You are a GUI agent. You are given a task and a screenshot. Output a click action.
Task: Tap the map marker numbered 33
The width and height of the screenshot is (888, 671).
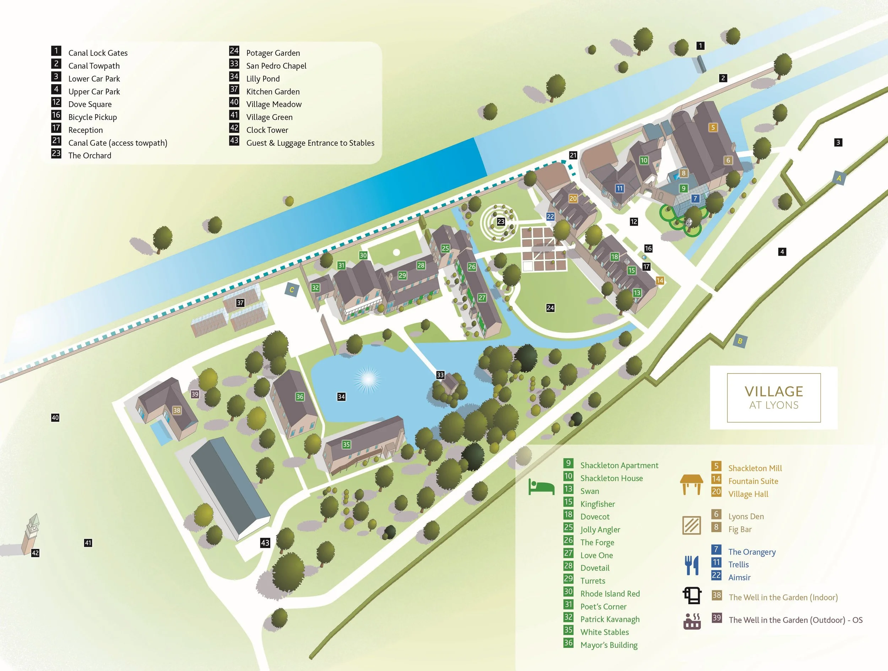pyautogui.click(x=440, y=375)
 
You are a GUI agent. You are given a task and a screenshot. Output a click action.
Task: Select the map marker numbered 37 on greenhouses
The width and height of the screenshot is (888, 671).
pyautogui.click(x=240, y=303)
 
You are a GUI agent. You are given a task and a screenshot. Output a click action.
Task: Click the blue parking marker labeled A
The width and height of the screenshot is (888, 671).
pyautogui.click(x=839, y=178)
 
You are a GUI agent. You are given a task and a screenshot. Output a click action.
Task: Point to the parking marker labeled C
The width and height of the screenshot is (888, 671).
pyautogui.click(x=292, y=290)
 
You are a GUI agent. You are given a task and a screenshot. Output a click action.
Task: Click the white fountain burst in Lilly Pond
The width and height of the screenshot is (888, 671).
pyautogui.click(x=367, y=379)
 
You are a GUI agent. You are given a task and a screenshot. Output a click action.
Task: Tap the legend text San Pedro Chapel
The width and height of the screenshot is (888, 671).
pyautogui.click(x=276, y=66)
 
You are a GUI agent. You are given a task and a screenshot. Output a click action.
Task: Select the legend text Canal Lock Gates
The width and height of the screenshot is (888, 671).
pyautogui.click(x=98, y=53)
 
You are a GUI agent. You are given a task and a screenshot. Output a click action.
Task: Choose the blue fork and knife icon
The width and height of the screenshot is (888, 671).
pyautogui.click(x=692, y=565)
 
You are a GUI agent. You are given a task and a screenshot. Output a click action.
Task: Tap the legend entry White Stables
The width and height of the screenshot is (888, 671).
pyautogui.click(x=605, y=632)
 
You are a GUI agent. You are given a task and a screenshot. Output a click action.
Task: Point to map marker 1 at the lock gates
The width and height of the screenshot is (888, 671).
pyautogui.click(x=700, y=46)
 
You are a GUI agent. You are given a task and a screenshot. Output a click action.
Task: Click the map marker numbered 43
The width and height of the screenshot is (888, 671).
pyautogui.click(x=265, y=543)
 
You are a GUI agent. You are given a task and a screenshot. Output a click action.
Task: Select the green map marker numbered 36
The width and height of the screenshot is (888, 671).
pyautogui.click(x=299, y=397)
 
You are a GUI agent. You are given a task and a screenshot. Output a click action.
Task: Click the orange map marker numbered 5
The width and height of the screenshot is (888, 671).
pyautogui.click(x=713, y=128)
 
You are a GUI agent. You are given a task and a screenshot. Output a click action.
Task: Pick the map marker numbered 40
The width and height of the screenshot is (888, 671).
pyautogui.click(x=55, y=418)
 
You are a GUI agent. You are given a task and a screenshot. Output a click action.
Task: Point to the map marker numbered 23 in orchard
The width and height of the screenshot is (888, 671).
pyautogui.click(x=500, y=222)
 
